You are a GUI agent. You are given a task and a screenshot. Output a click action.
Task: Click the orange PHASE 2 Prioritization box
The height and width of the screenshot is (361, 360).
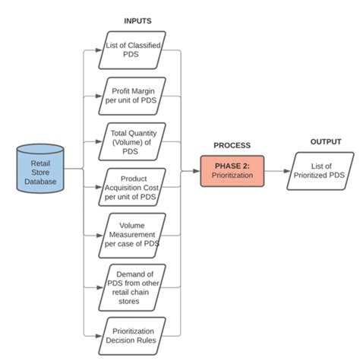click(232, 171)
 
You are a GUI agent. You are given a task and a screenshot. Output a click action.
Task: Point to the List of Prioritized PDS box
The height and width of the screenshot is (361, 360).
click(320, 171)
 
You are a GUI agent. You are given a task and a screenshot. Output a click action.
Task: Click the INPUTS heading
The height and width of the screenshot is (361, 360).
click(137, 21)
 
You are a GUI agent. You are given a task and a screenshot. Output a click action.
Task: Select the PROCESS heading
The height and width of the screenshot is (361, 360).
click(232, 144)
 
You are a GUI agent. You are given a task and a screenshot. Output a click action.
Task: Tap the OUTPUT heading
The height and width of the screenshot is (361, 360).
click(325, 141)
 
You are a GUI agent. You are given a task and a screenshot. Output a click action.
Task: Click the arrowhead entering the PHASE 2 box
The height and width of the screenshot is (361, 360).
click(196, 171)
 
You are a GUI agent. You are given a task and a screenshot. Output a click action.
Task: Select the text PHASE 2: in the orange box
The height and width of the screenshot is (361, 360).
click(232, 165)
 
